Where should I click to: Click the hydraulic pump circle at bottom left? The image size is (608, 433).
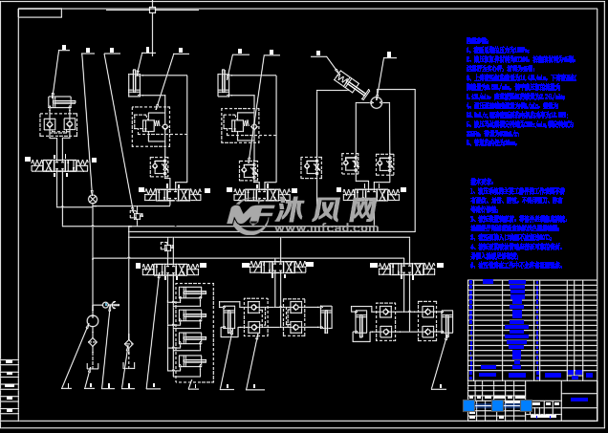(93, 320)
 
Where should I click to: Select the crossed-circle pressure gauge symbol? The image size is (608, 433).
(93, 199)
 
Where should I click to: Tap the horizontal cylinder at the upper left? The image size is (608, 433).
(62, 101)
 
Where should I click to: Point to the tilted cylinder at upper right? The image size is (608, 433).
(351, 84)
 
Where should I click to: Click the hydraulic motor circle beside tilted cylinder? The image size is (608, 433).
(377, 101)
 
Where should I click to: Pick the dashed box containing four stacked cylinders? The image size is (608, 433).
(193, 333)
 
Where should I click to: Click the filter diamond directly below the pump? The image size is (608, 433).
(93, 341)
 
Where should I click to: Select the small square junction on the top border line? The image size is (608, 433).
(152, 10)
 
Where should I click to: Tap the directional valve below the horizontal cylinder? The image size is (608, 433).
(60, 165)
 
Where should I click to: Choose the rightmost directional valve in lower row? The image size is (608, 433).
(406, 269)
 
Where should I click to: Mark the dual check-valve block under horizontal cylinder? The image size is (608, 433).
(59, 124)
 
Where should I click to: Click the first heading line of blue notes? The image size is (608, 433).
(477, 41)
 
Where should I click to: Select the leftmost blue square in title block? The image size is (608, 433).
(468, 405)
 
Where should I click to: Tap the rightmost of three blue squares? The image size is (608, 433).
(526, 405)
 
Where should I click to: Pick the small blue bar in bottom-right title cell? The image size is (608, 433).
(579, 399)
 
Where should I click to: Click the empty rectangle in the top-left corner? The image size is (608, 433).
(39, 13)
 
